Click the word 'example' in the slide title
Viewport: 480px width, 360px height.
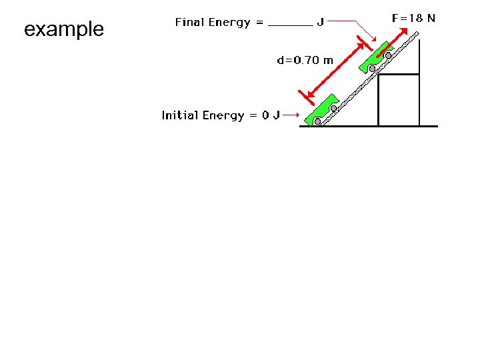(64, 29)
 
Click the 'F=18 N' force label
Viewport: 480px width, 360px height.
(413, 19)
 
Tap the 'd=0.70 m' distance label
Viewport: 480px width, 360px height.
(305, 61)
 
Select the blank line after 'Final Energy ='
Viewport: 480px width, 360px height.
(290, 25)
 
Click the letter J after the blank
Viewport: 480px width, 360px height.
(321, 23)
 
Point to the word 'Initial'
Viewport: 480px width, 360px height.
(180, 115)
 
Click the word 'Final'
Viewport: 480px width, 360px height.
(190, 23)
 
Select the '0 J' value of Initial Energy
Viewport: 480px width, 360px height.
(271, 115)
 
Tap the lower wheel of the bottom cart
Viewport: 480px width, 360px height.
(318, 121)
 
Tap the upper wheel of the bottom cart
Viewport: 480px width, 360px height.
(333, 107)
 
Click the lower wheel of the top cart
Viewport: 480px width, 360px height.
(372, 68)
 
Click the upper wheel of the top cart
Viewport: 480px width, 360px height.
(388, 55)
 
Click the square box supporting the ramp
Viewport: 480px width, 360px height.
(398, 100)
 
